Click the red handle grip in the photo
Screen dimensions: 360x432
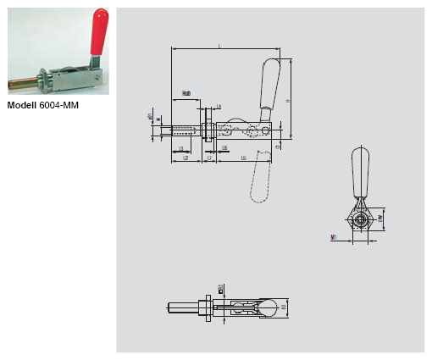click(99, 29)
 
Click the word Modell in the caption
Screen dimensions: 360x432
click(23, 105)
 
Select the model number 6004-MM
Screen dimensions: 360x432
click(64, 105)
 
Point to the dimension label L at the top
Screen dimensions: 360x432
click(219, 47)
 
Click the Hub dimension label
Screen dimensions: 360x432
click(186, 93)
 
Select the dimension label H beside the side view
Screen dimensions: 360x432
click(289, 99)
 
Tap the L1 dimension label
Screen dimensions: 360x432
click(182, 148)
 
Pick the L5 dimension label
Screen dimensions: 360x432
click(244, 158)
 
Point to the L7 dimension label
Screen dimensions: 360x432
click(209, 158)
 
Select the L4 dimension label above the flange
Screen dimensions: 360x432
click(218, 107)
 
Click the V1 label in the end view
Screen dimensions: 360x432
click(335, 238)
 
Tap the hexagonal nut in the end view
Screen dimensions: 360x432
click(363, 219)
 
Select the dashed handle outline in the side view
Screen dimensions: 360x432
click(259, 182)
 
